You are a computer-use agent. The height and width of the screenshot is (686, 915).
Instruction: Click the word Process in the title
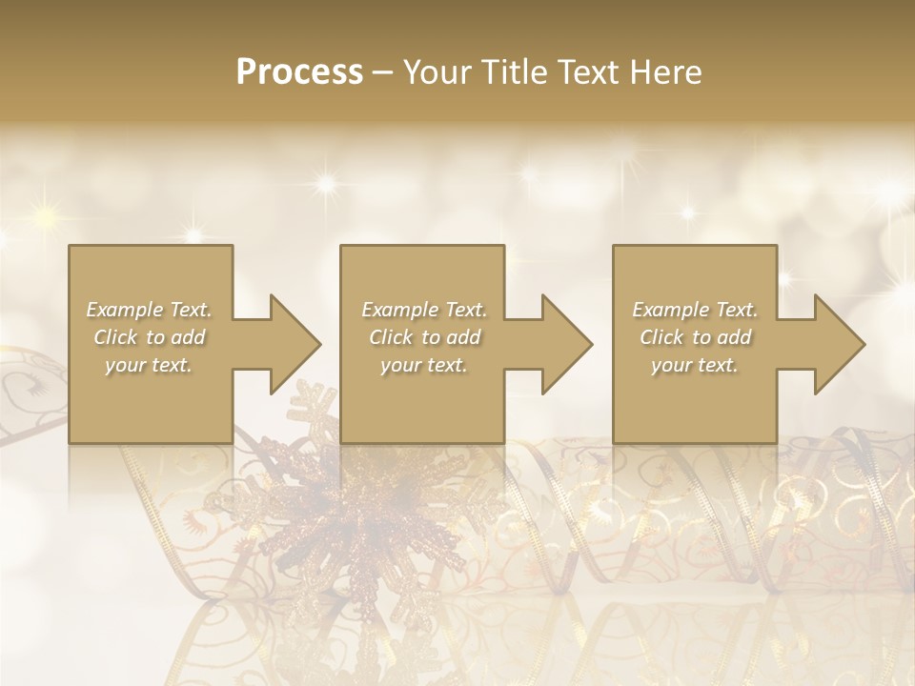(299, 72)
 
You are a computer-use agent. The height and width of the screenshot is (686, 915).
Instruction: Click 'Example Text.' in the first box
(149, 310)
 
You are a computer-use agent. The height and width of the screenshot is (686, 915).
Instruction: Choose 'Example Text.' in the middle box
(423, 310)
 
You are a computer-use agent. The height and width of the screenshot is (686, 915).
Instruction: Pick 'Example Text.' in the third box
(695, 310)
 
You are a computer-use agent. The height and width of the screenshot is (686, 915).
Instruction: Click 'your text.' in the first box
(149, 365)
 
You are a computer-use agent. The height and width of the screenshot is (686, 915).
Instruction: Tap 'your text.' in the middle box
(423, 365)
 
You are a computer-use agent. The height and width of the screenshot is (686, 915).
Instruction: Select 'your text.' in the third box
(695, 365)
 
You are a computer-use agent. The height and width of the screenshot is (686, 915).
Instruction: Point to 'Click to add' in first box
(149, 337)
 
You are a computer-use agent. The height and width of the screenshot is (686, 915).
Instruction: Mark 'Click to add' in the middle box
(423, 337)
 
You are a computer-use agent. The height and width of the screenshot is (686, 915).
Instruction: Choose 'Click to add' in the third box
(695, 337)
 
